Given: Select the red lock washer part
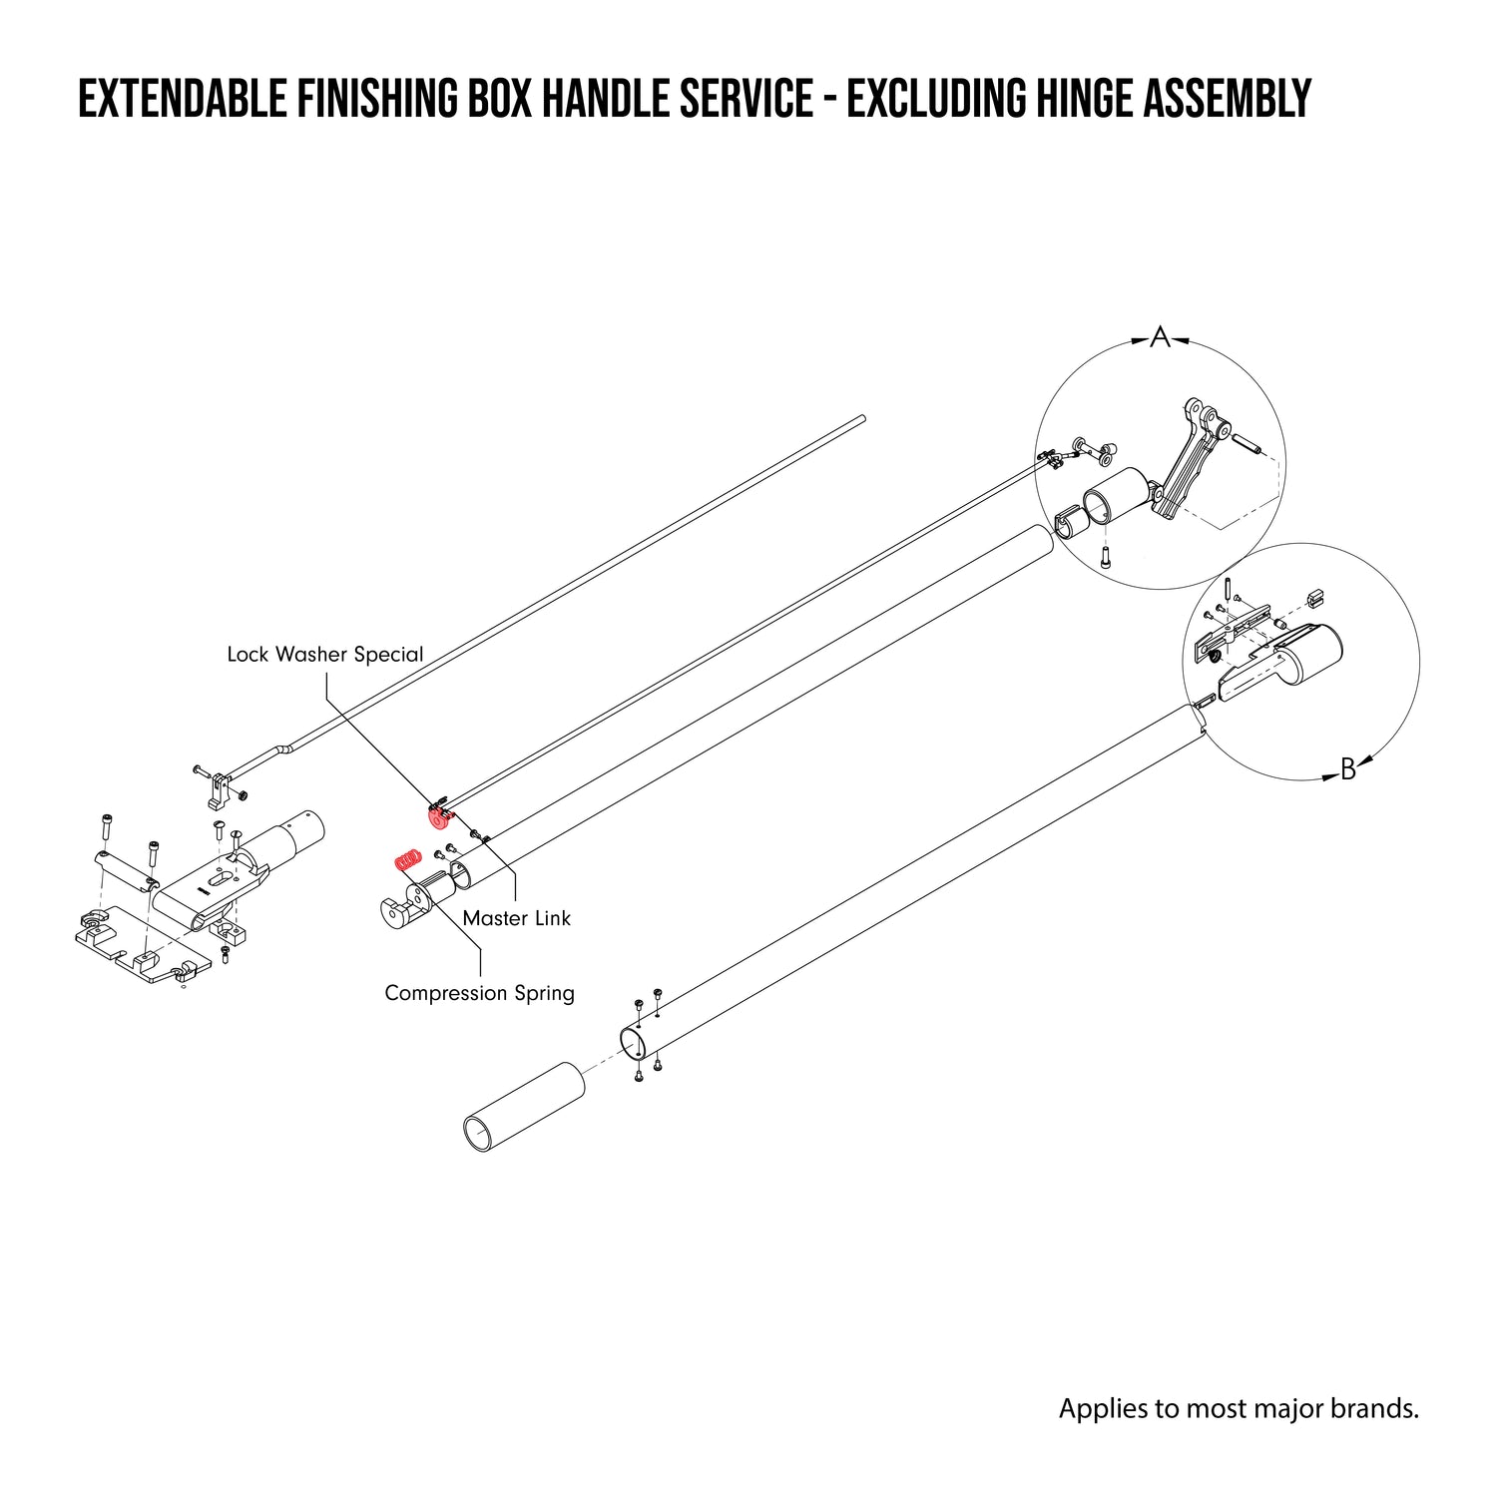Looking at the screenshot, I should [438, 817].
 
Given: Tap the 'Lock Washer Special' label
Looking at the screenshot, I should [325, 655].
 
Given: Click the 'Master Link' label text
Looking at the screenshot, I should [516, 918].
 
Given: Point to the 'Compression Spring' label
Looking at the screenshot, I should [479, 993].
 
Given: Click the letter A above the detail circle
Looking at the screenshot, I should [1159, 338].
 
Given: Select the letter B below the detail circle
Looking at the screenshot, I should [1347, 769].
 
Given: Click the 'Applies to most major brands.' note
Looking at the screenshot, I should [1238, 1408].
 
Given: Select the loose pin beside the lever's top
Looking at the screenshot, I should [1248, 441].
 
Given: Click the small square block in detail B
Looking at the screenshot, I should [1314, 598].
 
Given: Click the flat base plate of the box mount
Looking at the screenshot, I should [140, 943].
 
